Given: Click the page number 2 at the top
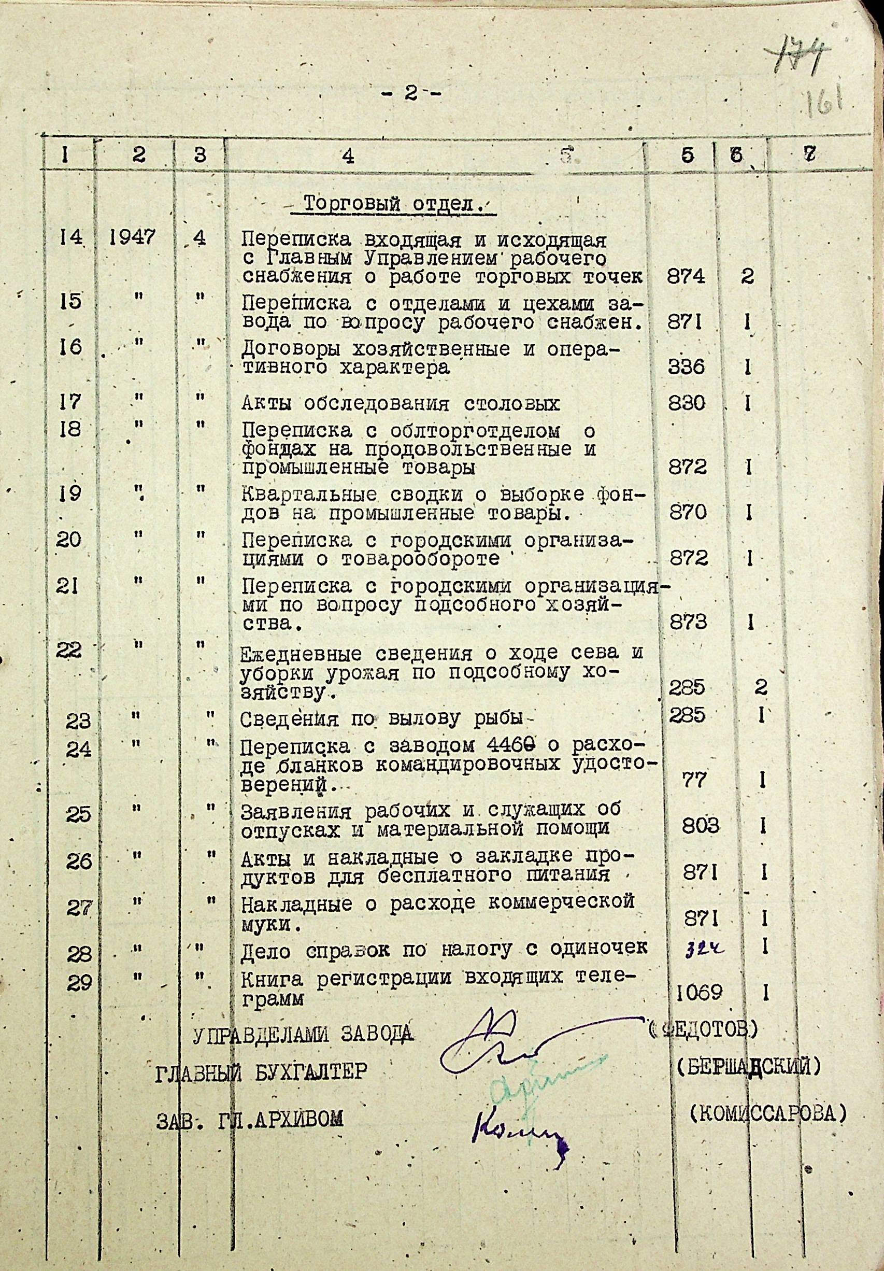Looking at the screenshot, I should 411,95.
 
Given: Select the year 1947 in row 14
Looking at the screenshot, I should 132,237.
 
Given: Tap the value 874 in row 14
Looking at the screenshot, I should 687,276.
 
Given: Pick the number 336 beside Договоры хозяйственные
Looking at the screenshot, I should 687,367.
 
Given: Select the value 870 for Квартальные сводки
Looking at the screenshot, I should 688,513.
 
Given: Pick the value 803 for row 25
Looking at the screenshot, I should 700,826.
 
